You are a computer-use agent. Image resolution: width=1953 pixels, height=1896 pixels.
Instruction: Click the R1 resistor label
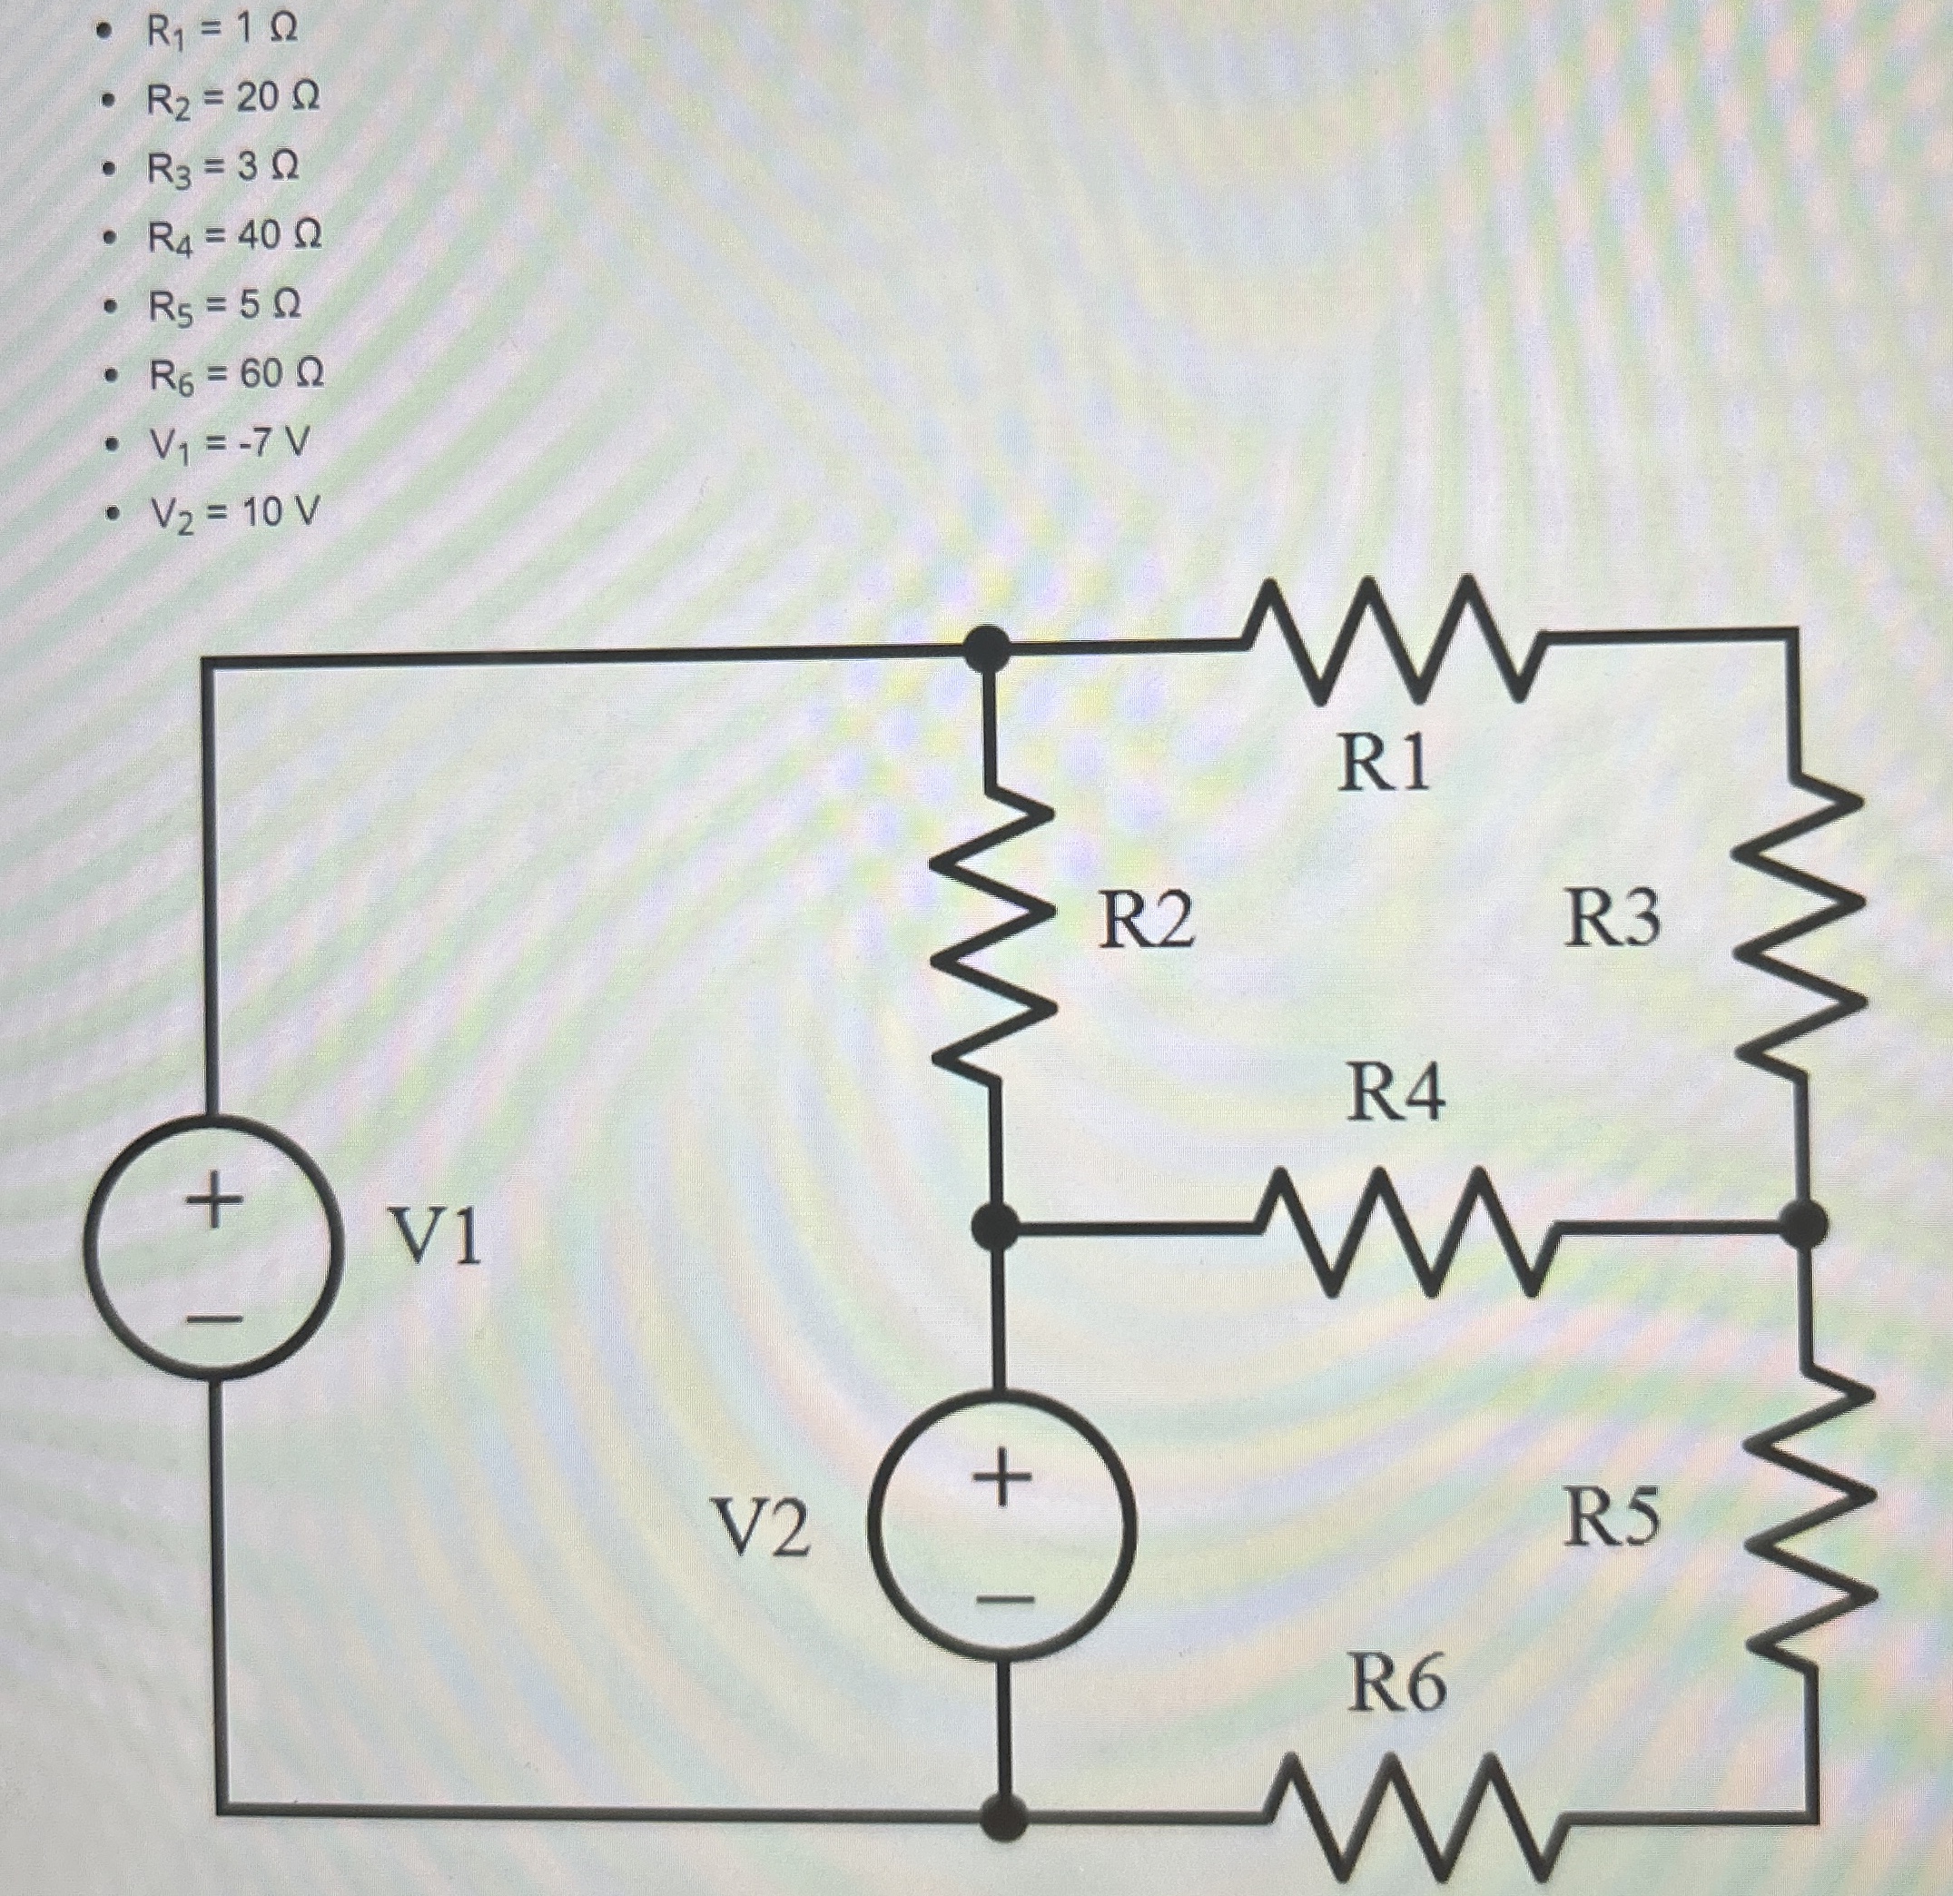tap(1383, 765)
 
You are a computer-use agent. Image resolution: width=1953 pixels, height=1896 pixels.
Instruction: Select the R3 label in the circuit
tap(1613, 918)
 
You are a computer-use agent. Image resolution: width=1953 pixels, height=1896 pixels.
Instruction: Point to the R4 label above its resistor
tap(1395, 1093)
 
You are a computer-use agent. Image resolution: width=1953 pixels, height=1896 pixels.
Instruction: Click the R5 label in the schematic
tap(1612, 1518)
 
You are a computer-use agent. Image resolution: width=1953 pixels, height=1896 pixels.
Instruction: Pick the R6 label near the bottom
tap(1397, 1683)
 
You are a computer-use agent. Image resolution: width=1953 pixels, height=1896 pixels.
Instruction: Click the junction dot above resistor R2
tap(989, 647)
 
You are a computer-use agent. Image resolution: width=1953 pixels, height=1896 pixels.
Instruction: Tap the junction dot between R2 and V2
tap(994, 1226)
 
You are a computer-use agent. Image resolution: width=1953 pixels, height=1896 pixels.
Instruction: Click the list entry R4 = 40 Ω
tap(234, 237)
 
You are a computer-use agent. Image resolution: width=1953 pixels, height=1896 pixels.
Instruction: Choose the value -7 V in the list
tap(269, 442)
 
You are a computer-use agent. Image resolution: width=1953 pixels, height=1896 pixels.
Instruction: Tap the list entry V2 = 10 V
tap(234, 513)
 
